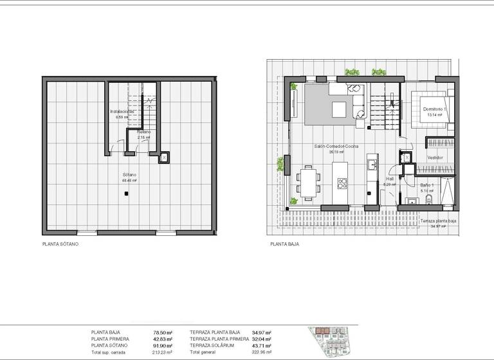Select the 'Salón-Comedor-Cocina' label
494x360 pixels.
[336, 147]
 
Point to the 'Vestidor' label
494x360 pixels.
[435, 157]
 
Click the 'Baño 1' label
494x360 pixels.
[428, 186]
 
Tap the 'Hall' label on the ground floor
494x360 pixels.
[390, 179]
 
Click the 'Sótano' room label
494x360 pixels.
[131, 175]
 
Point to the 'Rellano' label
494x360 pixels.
[143, 132]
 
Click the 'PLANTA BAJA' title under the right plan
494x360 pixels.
[285, 244]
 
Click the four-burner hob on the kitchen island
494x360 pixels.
[342, 181]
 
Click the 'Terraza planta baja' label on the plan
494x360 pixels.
[439, 221]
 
